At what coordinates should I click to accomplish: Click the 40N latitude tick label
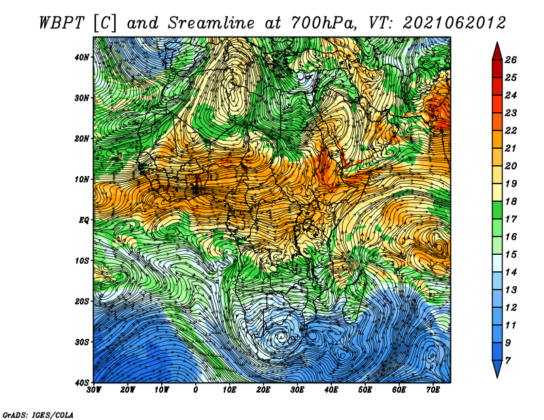(82, 57)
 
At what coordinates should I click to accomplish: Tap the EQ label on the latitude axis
(84, 220)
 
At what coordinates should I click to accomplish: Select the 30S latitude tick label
(82, 343)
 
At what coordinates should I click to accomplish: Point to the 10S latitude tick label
(82, 261)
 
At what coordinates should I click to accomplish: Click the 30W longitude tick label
(94, 390)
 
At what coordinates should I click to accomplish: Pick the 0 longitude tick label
(196, 390)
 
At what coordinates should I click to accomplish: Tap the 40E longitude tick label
(331, 390)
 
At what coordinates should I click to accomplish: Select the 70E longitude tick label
(433, 390)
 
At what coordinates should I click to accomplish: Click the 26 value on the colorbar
(511, 60)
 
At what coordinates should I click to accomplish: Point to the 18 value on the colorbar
(511, 201)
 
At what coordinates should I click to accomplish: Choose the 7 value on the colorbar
(508, 361)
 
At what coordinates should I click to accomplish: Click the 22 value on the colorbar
(511, 130)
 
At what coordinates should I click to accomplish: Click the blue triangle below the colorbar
(497, 368)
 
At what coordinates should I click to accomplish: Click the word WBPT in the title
(62, 23)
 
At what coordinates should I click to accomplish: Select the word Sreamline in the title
(211, 23)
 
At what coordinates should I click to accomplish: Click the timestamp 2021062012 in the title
(454, 23)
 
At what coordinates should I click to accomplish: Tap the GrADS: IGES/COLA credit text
(38, 415)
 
